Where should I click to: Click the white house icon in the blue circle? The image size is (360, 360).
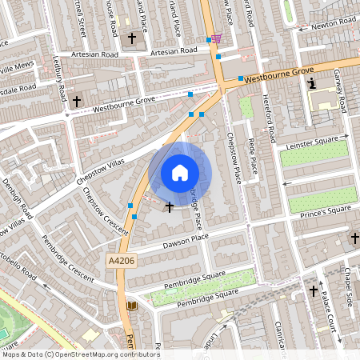180,172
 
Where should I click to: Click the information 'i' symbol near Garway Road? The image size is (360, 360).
313,82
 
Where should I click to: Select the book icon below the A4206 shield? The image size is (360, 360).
132,306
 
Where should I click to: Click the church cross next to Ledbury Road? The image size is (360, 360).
77,101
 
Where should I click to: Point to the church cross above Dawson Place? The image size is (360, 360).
169,207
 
